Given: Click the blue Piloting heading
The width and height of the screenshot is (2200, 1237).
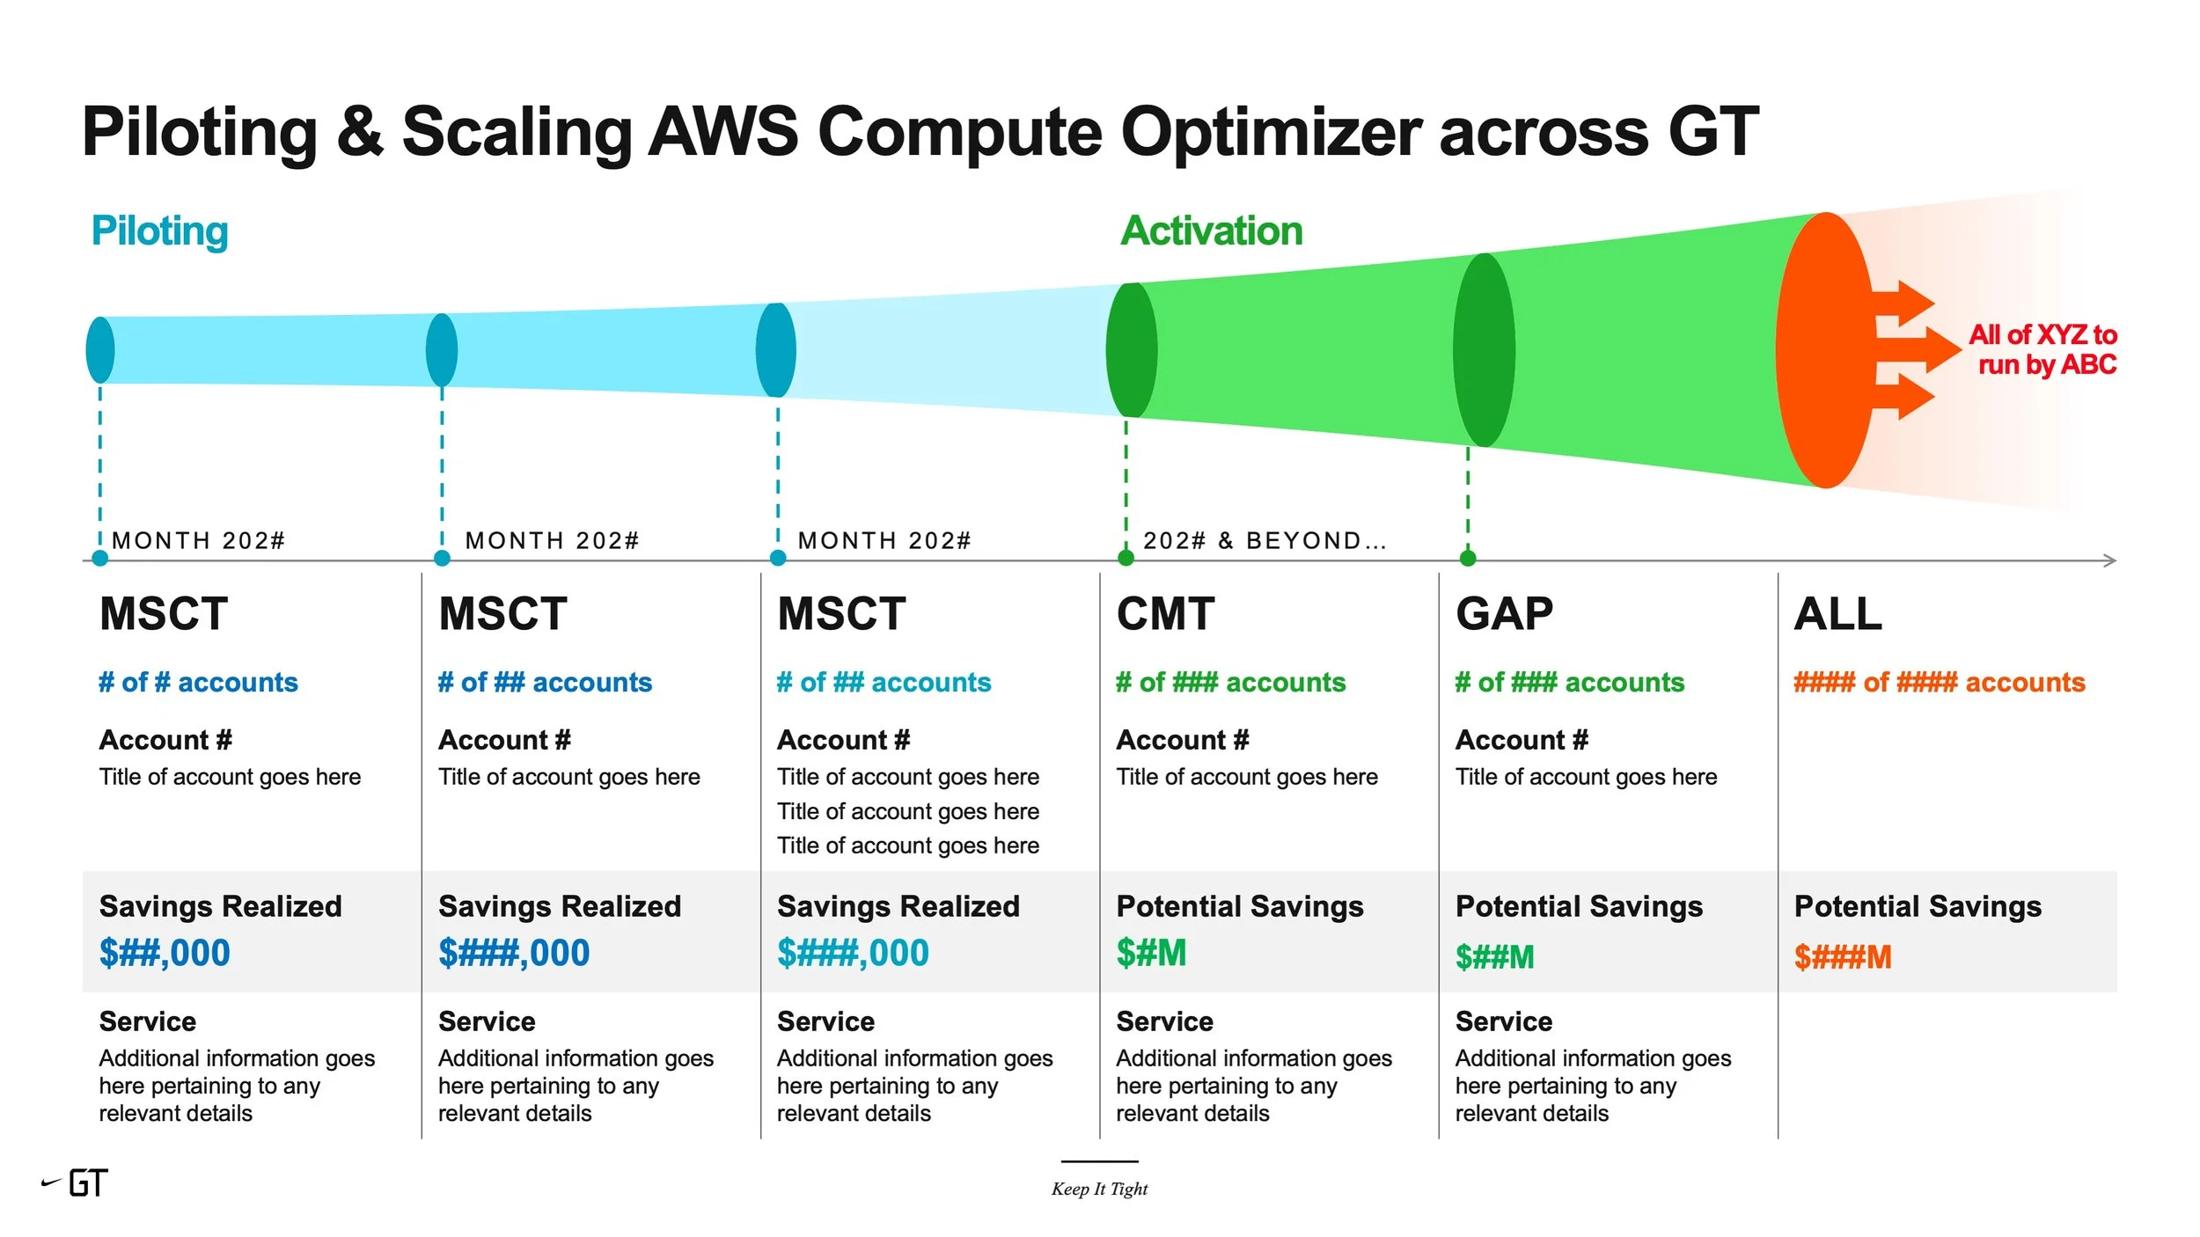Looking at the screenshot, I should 159,231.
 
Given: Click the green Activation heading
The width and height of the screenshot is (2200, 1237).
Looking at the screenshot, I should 1211,231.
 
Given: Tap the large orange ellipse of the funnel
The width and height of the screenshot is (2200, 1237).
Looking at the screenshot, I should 1823,350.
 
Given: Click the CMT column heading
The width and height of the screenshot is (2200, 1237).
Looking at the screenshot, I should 1165,613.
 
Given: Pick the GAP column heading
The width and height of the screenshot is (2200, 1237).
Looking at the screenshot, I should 1504,613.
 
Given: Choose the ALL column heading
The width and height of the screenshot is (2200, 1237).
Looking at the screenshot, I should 1837,613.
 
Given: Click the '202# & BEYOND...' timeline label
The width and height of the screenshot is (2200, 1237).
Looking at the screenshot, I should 1264,540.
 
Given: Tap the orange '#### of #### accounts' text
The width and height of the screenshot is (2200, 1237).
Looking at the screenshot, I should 1939,682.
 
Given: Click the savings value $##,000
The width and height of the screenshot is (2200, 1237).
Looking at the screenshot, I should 165,953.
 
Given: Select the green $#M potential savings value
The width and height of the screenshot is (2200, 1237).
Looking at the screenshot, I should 1151,953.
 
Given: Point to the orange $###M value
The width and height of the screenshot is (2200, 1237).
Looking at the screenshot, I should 1842,956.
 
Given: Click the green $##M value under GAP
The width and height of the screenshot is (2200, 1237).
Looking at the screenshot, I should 1494,956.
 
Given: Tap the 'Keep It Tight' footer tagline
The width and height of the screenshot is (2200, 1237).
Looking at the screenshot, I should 1099,1189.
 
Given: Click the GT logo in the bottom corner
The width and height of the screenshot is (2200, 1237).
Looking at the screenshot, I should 77,1183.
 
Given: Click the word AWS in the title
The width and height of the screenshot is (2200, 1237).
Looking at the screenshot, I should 722,132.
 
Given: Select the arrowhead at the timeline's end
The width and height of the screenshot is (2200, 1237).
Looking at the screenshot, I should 2108,560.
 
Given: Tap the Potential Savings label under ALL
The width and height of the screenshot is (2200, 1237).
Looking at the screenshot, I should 1918,906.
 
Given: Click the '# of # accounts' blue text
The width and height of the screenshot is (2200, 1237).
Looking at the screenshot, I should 198,682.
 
